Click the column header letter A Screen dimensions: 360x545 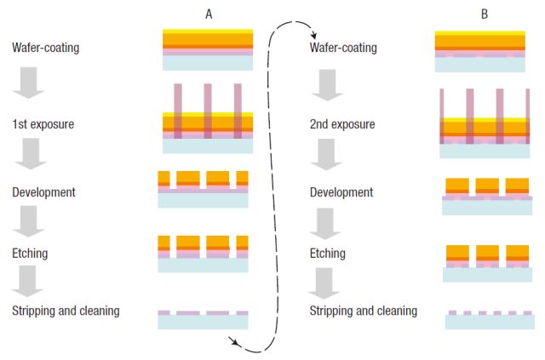point(209,14)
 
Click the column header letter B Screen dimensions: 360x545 point(485,14)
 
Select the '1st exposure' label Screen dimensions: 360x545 point(43,123)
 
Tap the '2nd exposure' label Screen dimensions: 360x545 point(341,123)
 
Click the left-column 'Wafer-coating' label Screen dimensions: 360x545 point(46,48)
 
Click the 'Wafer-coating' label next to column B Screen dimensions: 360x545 point(343,48)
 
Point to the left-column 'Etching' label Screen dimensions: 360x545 point(31,253)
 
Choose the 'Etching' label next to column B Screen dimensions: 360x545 point(328,253)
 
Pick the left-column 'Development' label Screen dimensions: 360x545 point(43,192)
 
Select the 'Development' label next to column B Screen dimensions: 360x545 point(341,192)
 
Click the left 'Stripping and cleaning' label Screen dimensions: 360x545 point(66,311)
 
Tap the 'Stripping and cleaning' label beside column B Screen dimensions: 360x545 point(364,311)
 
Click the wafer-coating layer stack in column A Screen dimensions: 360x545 point(207,50)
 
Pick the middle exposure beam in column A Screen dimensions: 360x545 point(208,111)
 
